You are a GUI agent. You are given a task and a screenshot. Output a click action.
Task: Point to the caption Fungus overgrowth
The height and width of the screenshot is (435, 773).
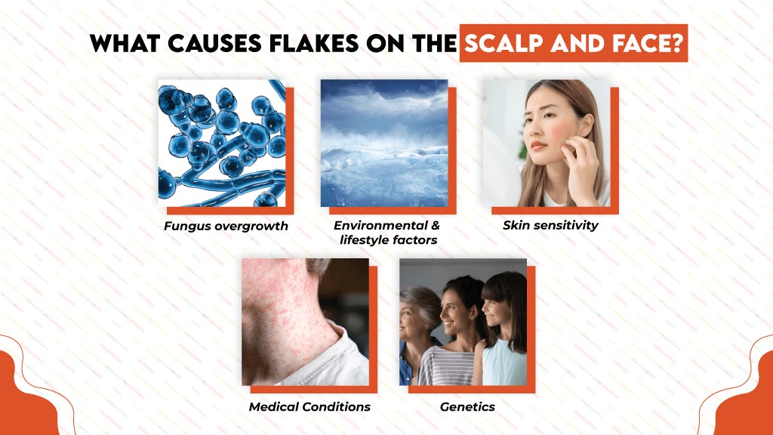226,226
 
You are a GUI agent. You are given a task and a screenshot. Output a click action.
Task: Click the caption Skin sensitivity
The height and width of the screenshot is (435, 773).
550,225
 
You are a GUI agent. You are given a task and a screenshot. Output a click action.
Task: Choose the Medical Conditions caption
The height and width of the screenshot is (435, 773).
310,406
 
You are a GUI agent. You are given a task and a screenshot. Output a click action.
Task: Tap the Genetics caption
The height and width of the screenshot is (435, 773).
467,406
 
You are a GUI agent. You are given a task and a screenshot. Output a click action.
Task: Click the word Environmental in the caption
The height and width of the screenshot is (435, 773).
386,226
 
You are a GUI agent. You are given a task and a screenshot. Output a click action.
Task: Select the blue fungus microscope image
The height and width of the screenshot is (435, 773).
222,143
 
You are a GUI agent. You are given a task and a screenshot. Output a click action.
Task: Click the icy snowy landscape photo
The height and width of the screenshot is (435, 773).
383,143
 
